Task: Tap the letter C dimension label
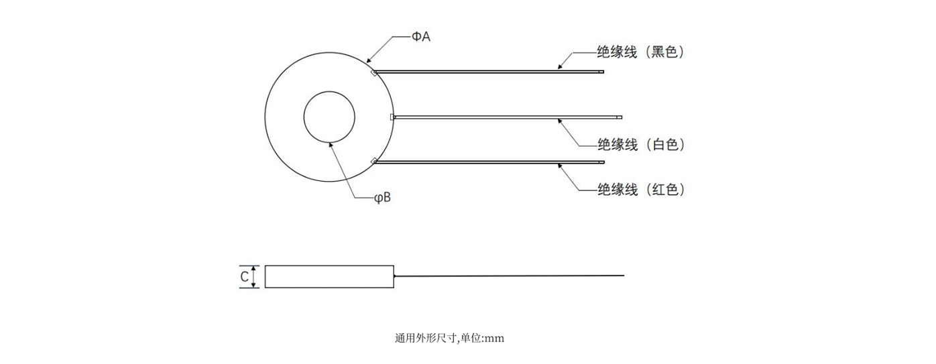point(245,276)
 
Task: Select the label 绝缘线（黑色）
point(640,52)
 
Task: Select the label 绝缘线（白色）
point(640,144)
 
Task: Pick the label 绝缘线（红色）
point(640,190)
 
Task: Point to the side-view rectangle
point(329,276)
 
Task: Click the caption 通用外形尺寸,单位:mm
point(449,339)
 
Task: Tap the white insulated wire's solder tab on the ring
point(392,117)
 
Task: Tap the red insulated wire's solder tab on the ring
point(373,161)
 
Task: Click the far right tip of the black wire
point(602,72)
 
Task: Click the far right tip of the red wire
point(602,162)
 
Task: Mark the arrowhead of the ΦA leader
point(369,62)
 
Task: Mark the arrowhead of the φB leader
point(331,142)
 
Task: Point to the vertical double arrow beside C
point(254,276)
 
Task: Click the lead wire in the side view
point(510,276)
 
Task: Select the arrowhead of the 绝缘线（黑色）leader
point(560,68)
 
